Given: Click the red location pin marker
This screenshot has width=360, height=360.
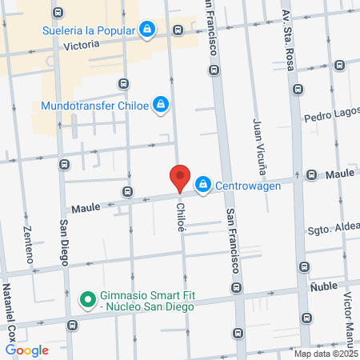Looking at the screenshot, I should [180, 178].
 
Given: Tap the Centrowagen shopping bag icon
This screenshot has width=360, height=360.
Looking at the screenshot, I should [203, 185].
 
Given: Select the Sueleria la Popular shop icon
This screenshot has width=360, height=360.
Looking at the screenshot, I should [147, 31].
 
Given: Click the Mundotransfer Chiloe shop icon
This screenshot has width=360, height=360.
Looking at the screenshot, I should [161, 105].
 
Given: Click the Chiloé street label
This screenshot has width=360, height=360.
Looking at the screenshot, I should [181, 217].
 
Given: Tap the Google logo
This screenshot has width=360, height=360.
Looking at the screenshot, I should [26, 350].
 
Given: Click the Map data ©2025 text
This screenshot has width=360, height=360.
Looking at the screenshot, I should [325, 354].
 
